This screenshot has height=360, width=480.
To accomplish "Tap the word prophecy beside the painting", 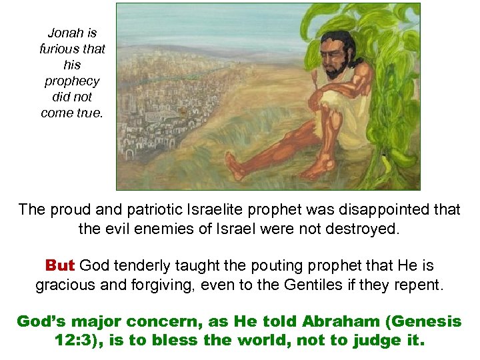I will (x=72, y=81).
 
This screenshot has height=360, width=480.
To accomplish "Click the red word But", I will (x=59, y=265).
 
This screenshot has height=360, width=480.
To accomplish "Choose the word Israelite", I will (x=215, y=209).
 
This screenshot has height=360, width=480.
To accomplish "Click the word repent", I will (x=419, y=285).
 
